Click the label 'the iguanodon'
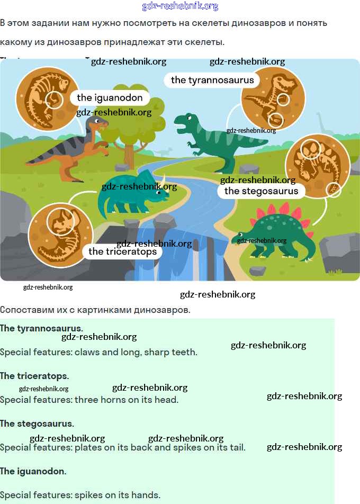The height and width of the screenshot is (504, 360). point(110,97)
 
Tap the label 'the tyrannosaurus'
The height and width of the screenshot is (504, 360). point(212,80)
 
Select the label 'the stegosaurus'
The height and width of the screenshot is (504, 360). point(262,191)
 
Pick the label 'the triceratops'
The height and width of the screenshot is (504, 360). point(123,251)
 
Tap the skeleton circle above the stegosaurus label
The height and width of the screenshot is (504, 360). point(317,166)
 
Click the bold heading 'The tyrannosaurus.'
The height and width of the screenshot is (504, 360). point(41,328)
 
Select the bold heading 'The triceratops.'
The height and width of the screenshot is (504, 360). point(34,376)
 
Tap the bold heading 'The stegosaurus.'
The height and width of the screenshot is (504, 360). point(37,424)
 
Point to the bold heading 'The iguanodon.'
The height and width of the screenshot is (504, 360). point(33,471)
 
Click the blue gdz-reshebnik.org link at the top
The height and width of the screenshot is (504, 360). point(180,6)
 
